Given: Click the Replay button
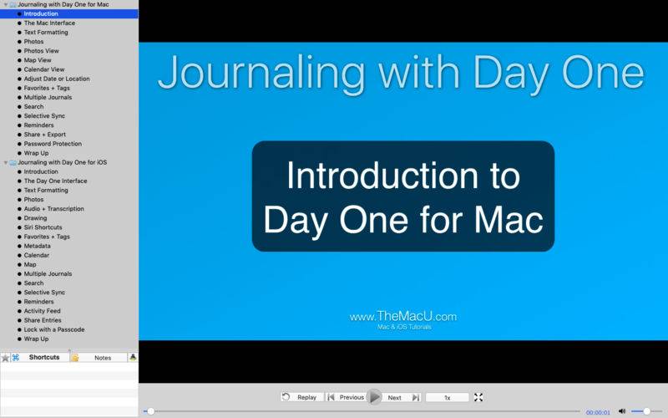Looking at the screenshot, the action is point(302,397).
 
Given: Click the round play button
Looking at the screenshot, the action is point(374,397).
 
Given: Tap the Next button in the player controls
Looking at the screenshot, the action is point(402,398).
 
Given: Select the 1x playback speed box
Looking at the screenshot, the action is point(448,398).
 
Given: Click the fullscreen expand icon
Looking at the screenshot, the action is point(478,397).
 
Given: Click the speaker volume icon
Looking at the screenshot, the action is point(622,411).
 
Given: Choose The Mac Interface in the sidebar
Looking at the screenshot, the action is point(49,23).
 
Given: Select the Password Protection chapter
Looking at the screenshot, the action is point(53,144).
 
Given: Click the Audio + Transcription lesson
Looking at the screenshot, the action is point(54,208).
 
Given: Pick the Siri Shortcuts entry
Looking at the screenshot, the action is point(43,227).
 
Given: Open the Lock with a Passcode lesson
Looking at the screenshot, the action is point(54,329).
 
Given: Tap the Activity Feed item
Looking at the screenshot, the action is point(43,311).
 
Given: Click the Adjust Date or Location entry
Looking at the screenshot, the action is point(57,79).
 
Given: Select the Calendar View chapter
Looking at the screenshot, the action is point(44,69).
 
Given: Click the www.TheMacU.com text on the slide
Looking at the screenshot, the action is point(403,317).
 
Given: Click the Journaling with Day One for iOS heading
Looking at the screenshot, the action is point(62,162).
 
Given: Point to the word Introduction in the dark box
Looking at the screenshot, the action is point(382,176).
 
